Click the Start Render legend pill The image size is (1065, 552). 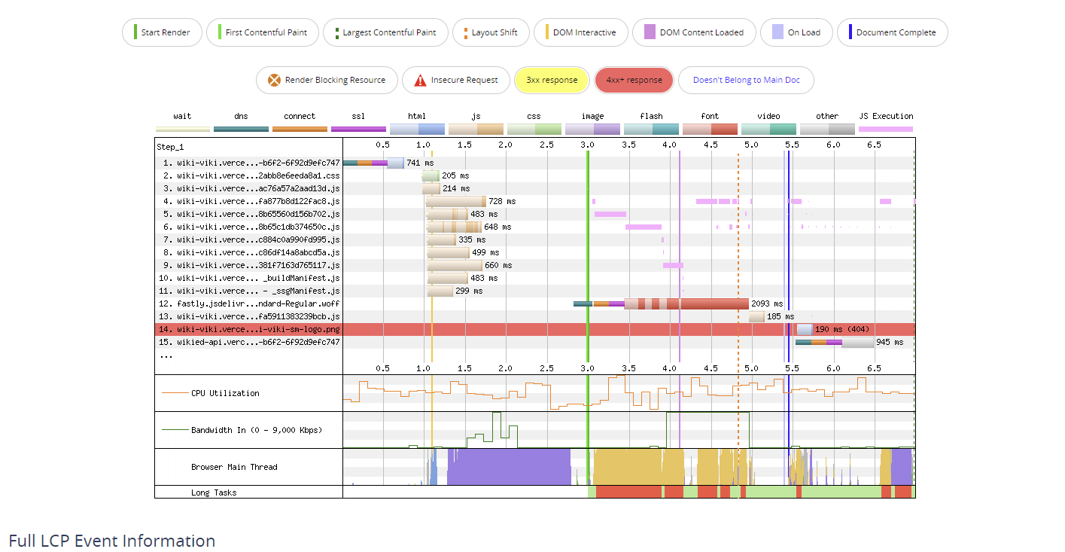163,32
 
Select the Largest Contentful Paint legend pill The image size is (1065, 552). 385,32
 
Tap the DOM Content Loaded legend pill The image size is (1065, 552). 694,32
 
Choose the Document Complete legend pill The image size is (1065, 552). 892,32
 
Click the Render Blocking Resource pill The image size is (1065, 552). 327,80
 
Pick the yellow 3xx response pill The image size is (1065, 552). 552,80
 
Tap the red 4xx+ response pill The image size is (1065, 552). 634,80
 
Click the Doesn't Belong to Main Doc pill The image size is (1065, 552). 746,80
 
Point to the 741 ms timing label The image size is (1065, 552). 420,163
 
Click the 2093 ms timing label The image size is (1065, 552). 767,303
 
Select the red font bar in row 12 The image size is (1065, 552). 707,303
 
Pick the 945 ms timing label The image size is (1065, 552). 890,342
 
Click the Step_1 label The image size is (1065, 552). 171,146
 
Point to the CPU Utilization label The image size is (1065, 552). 224,393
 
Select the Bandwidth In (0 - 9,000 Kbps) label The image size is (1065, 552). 256,430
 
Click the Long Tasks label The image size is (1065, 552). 214,493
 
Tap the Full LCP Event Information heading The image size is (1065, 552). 112,541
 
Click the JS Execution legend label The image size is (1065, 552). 886,116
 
